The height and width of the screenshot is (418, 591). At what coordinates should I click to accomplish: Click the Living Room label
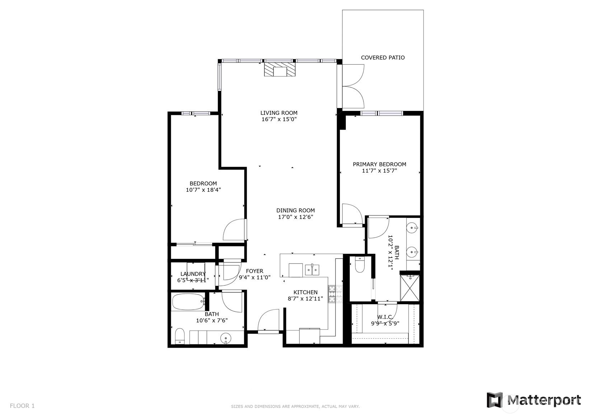[279, 113]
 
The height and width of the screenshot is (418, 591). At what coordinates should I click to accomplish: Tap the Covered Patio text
[383, 57]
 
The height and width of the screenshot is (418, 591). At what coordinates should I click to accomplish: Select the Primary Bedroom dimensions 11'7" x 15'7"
[379, 171]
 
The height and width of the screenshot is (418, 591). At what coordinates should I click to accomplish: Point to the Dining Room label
[296, 210]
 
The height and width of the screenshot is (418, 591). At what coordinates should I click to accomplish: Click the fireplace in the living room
[280, 69]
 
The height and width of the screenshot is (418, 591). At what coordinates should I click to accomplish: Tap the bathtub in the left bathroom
[188, 302]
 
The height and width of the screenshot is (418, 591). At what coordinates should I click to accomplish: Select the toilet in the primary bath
[360, 265]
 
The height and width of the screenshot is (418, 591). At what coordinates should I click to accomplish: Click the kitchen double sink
[312, 270]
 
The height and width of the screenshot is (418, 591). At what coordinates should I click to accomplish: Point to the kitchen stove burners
[336, 294]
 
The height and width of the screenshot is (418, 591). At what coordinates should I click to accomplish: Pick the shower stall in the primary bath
[410, 288]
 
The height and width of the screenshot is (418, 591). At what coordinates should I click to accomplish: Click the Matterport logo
[534, 400]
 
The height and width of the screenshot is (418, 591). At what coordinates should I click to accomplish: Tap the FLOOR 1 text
[22, 406]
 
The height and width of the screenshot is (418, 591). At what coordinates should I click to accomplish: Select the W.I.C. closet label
[385, 317]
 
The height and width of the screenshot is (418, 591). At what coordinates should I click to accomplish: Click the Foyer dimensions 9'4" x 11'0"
[255, 278]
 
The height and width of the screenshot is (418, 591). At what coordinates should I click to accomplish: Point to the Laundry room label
[193, 274]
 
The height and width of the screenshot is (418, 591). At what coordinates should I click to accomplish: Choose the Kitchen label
[305, 292]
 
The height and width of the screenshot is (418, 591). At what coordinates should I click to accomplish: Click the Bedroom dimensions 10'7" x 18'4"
[203, 190]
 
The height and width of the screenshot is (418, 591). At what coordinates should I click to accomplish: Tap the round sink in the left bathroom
[226, 338]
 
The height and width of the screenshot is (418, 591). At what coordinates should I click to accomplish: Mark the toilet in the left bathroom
[180, 336]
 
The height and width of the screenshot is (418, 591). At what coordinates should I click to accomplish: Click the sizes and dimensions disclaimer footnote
[295, 407]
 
